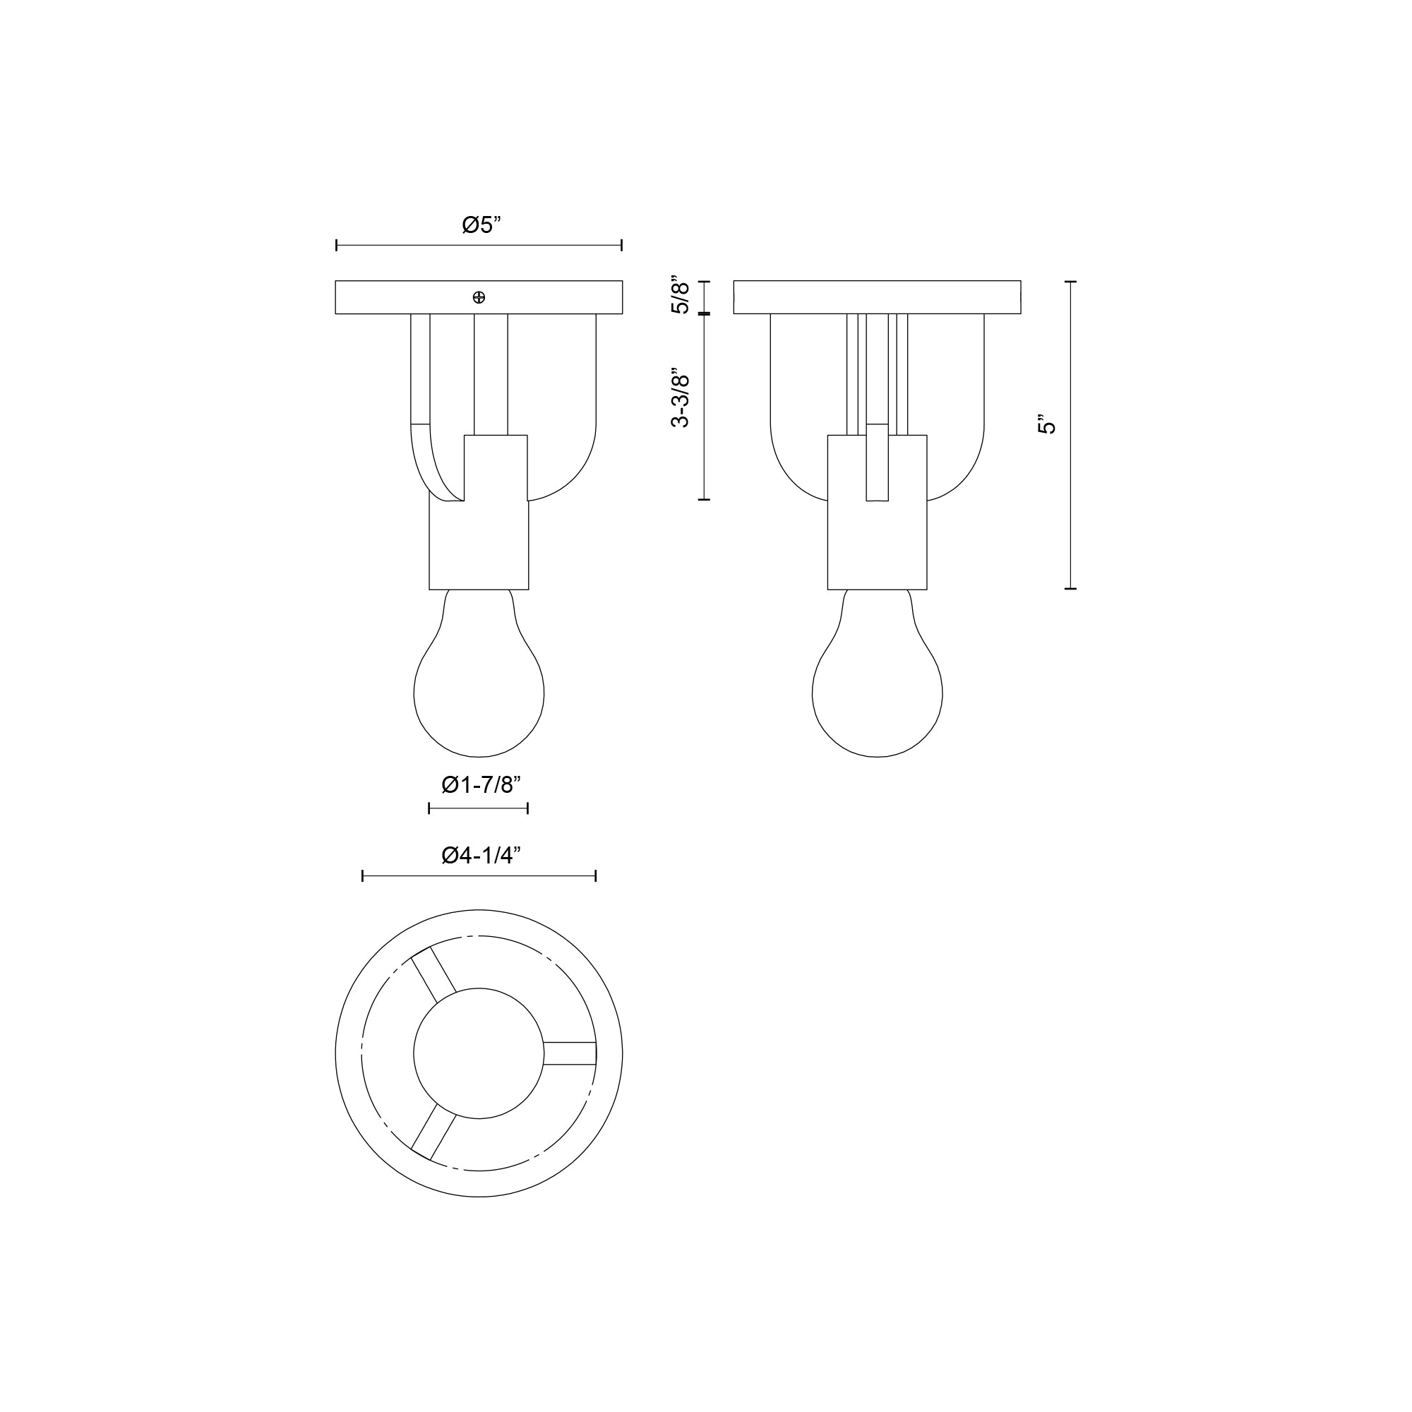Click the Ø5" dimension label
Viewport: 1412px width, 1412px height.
click(x=481, y=225)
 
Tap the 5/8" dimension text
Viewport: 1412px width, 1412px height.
click(x=681, y=295)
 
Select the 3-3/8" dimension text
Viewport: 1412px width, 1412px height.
click(x=681, y=397)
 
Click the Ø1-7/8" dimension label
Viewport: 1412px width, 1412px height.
click(x=480, y=786)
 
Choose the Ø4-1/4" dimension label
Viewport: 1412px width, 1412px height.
click(x=480, y=855)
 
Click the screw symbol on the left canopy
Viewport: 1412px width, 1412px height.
click(x=479, y=297)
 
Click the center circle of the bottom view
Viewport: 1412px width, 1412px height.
click(x=479, y=1053)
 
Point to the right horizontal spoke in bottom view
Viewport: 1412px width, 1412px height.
click(x=570, y=1053)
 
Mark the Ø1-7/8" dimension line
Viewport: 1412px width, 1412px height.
click(x=479, y=808)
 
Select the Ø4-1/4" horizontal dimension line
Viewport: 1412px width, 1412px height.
click(x=479, y=875)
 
